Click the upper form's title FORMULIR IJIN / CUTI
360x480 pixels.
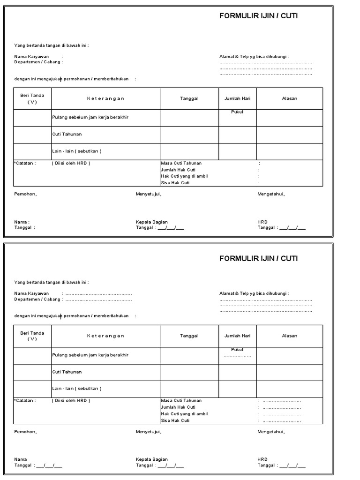[x=258, y=16]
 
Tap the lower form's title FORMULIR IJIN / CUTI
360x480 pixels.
[x=258, y=258]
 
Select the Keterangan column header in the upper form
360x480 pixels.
[x=105, y=98]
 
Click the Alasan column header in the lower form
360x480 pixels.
[x=289, y=336]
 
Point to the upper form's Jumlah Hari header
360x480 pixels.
[x=237, y=98]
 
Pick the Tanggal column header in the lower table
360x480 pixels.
[x=189, y=336]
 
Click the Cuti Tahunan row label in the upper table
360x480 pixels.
[x=67, y=135]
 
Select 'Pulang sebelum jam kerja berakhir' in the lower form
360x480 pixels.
[x=90, y=355]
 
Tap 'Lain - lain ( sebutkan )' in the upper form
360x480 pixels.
[x=76, y=151]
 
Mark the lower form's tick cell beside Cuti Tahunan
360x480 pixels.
[x=32, y=372]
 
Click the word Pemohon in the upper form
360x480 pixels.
[x=25, y=194]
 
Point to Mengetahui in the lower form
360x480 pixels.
[x=271, y=432]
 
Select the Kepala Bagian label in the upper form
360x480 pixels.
[x=152, y=222]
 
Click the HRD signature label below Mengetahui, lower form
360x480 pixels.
[x=262, y=459]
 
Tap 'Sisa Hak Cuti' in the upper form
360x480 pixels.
[x=175, y=183]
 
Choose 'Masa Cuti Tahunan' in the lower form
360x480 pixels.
[x=181, y=401]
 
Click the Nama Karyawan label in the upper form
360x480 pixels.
[x=31, y=57]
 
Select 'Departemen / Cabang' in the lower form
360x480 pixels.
[x=37, y=299]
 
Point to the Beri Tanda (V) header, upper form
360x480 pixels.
[x=32, y=98]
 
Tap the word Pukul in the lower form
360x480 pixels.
[x=237, y=350]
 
